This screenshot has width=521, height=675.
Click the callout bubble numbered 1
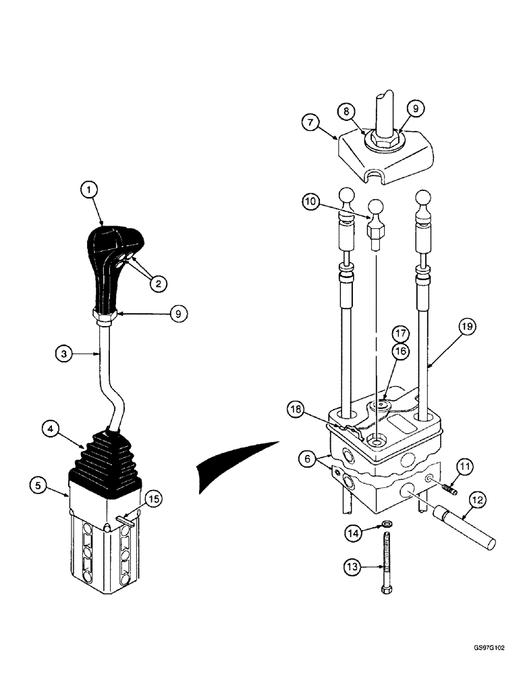(x=88, y=191)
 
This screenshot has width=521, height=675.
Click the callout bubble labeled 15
(x=154, y=499)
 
